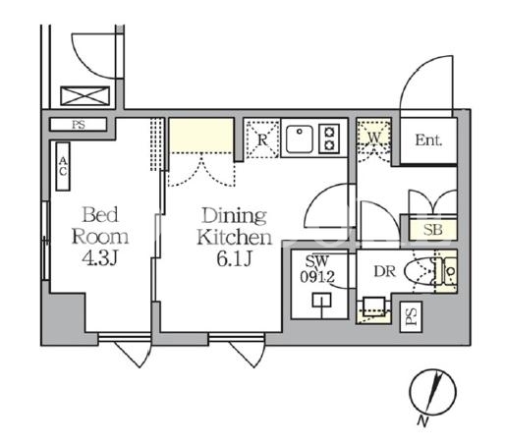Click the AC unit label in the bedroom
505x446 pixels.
(x=63, y=166)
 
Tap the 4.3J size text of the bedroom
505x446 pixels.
(x=99, y=258)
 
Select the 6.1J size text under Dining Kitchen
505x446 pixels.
(x=234, y=258)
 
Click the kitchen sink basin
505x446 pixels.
(x=300, y=139)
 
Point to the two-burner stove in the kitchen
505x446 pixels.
(x=329, y=139)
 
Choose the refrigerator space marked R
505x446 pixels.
(x=262, y=139)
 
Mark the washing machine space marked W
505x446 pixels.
(x=374, y=140)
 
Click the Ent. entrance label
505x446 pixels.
(x=428, y=140)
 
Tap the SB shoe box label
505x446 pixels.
(x=432, y=230)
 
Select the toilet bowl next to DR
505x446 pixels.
(x=420, y=271)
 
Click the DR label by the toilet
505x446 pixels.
(x=385, y=271)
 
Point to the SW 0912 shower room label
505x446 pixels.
(x=317, y=269)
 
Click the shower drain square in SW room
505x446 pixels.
(x=321, y=301)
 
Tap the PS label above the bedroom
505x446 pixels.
(x=79, y=125)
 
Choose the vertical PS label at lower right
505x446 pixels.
(x=411, y=317)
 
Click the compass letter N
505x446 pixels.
(x=422, y=421)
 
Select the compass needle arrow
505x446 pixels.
(x=434, y=391)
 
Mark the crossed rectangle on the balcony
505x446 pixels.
(x=85, y=96)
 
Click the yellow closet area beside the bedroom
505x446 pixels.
(x=201, y=136)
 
